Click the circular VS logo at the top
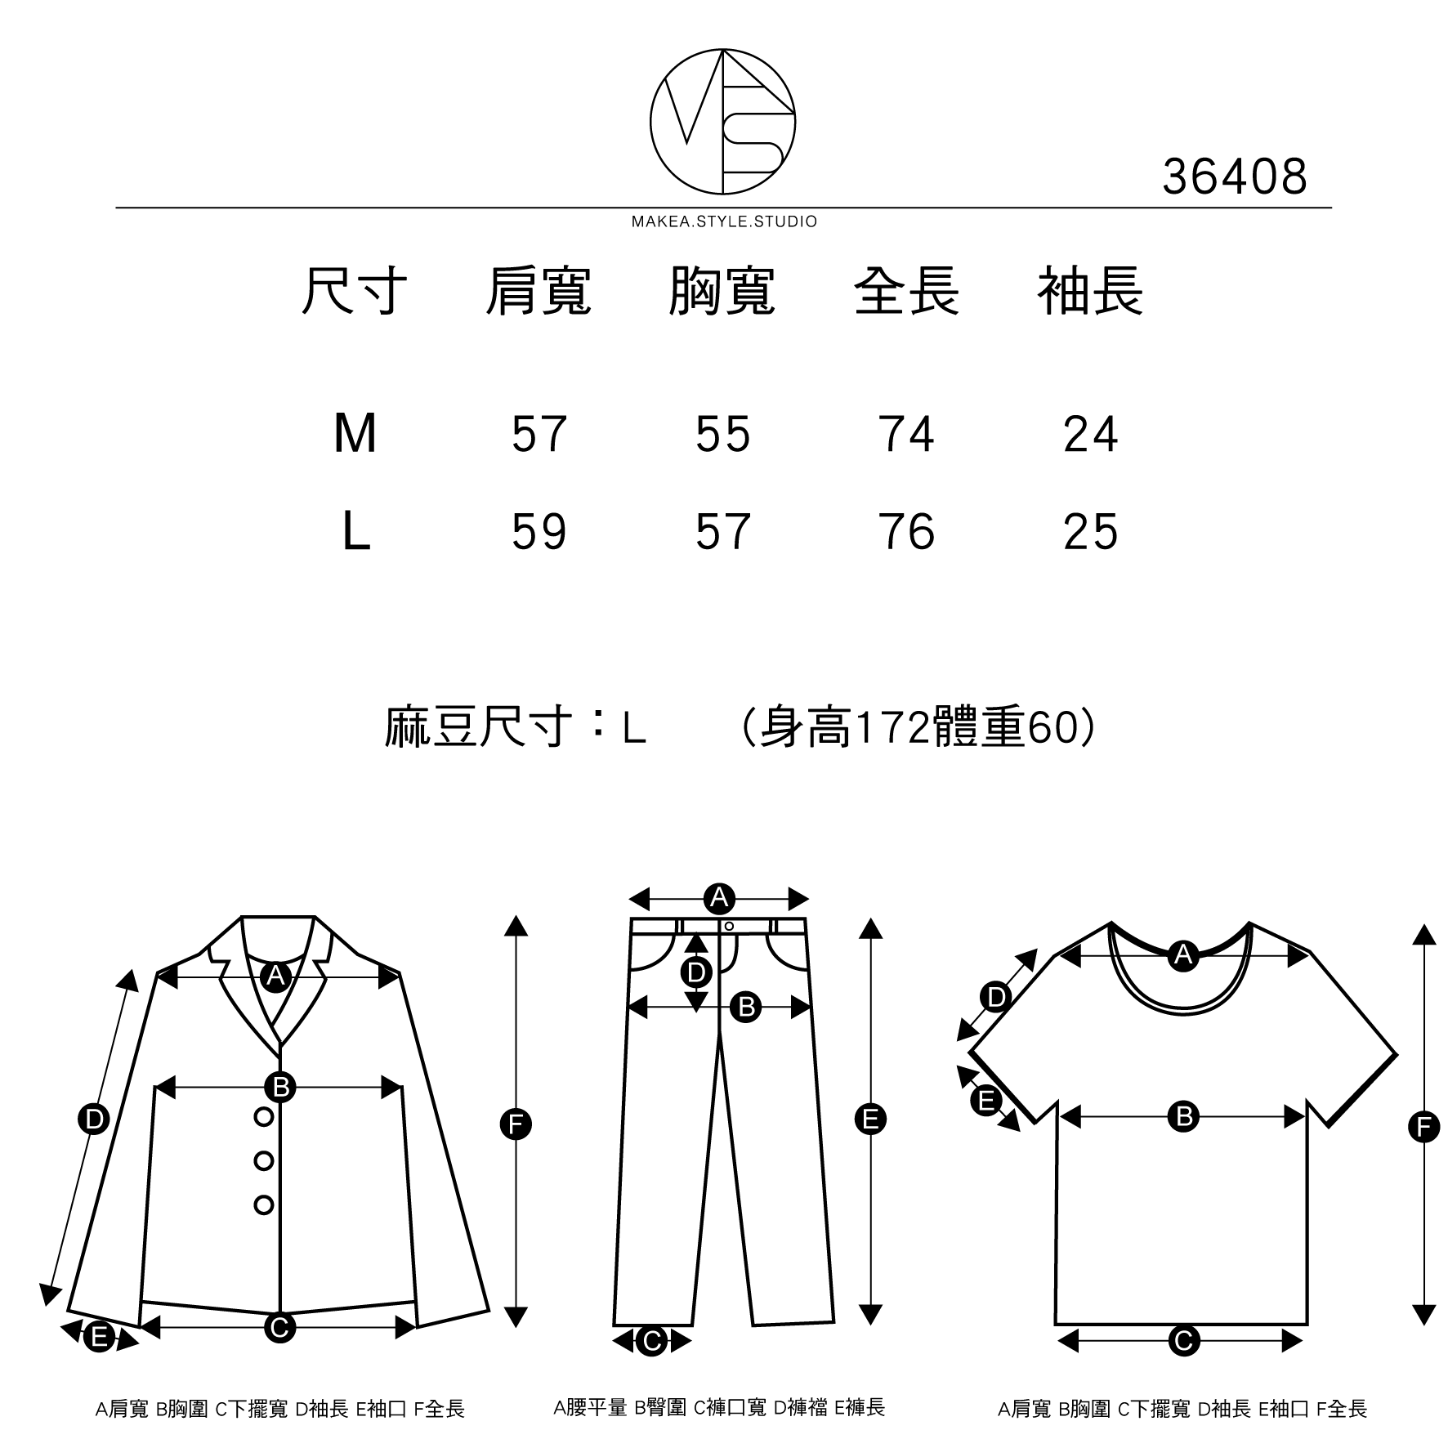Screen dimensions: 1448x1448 click(722, 122)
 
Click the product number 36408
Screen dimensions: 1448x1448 click(1234, 177)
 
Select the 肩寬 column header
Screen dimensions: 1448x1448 click(538, 292)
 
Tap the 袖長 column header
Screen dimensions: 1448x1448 click(1090, 292)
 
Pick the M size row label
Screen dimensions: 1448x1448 click(355, 434)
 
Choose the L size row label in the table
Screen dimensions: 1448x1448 click(355, 532)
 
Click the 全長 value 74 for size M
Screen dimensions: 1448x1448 click(906, 434)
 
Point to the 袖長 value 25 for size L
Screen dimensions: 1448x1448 click(1090, 532)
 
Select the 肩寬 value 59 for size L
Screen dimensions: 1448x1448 click(539, 532)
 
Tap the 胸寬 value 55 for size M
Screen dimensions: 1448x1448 click(722, 434)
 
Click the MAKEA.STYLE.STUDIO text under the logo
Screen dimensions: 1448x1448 click(724, 222)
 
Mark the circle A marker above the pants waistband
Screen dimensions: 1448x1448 click(719, 899)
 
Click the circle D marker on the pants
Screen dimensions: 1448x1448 click(696, 972)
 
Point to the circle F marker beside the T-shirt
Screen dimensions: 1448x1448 click(1423, 1128)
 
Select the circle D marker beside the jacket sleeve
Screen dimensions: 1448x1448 click(94, 1119)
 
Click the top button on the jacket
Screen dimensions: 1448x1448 click(263, 1116)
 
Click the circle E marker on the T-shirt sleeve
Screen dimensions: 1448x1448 click(986, 1101)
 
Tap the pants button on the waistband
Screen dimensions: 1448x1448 click(729, 926)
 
